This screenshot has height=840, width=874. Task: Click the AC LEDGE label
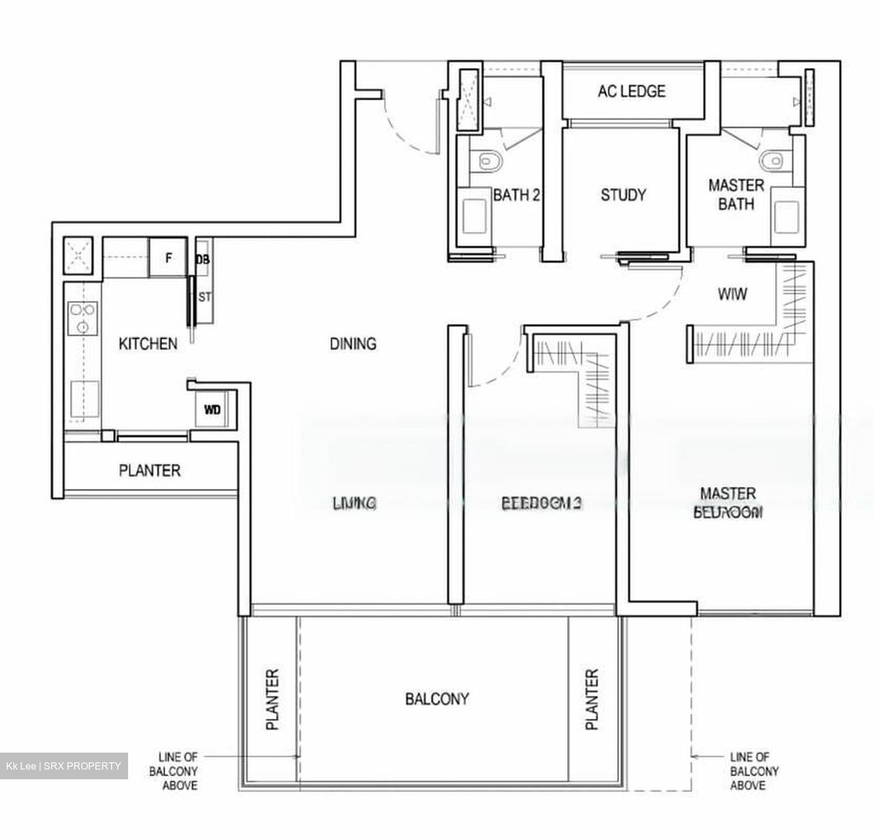click(631, 91)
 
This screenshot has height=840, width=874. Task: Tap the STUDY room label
click(623, 195)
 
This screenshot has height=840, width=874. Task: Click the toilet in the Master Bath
click(770, 161)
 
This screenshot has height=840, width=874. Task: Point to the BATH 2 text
click(516, 195)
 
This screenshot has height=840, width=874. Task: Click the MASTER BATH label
click(736, 194)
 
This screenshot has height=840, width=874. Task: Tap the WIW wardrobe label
click(732, 294)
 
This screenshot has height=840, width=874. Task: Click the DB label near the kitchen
click(203, 259)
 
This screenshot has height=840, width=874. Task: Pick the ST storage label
click(205, 297)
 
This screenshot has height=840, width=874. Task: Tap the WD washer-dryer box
click(212, 410)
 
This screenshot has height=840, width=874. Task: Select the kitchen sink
click(84, 399)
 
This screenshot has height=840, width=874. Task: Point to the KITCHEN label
click(147, 344)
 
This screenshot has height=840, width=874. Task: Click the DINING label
click(353, 344)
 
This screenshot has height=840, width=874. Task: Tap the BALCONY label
click(437, 699)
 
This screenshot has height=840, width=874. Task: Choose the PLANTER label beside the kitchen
click(149, 470)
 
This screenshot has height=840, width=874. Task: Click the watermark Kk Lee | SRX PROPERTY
click(64, 766)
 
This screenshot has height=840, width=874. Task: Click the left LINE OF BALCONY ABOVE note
click(178, 771)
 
